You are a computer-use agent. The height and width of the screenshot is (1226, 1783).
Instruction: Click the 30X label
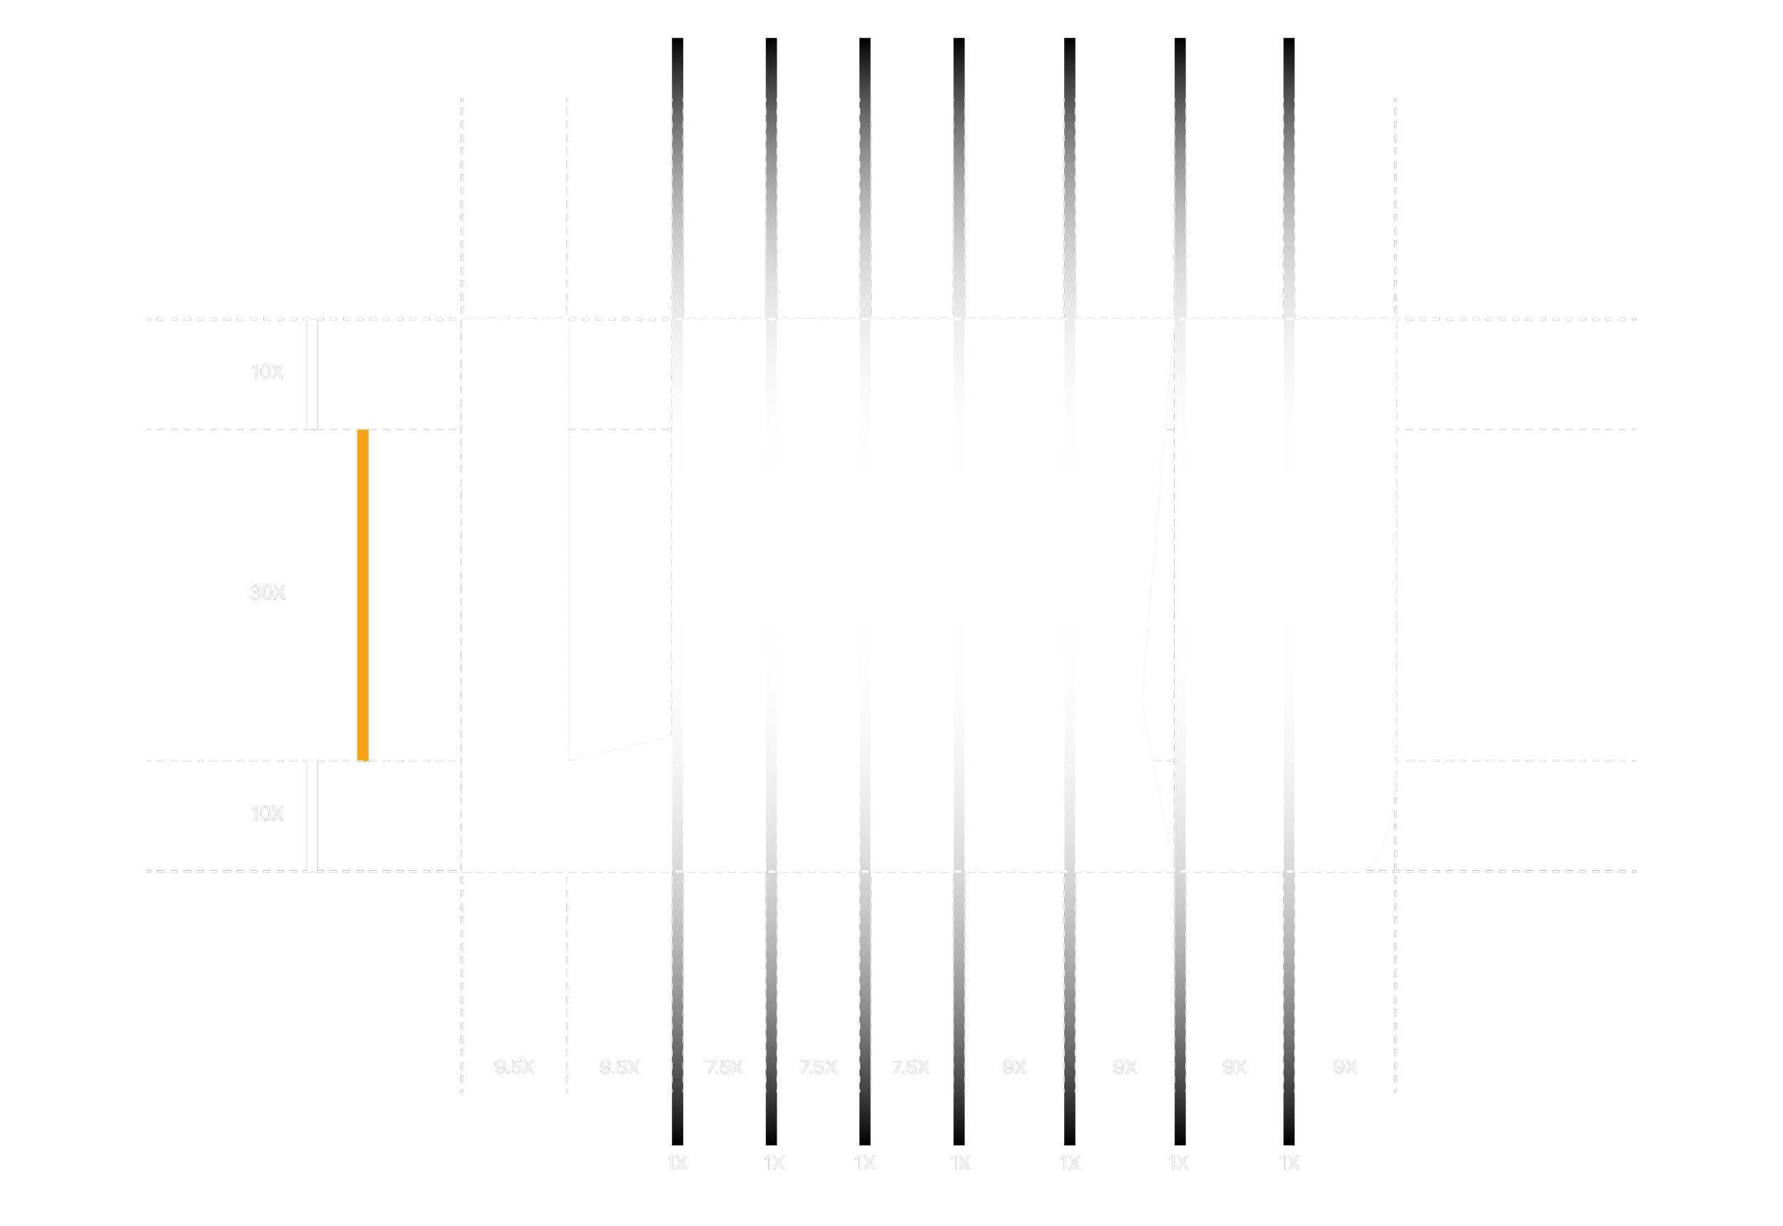267,592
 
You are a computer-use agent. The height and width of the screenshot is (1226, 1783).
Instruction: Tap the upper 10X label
267,372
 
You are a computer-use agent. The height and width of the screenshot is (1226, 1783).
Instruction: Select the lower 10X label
267,814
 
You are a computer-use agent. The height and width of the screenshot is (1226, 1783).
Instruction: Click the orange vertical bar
363,596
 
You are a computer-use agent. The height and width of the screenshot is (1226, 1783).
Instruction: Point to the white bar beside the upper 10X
312,374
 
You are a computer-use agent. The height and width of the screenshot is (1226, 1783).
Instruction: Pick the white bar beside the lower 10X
312,816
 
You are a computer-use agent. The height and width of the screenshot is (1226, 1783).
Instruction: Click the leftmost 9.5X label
515,1067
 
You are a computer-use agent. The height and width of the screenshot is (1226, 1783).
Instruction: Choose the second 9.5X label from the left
620,1067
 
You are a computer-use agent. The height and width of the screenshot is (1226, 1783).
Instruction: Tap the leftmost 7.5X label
725,1067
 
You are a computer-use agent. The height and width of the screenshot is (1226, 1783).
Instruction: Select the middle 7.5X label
818,1067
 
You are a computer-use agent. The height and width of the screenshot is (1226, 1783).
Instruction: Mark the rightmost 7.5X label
910,1067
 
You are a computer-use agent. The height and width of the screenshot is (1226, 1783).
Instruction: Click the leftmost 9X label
1015,1067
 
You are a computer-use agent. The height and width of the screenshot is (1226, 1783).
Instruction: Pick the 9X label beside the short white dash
1345,1067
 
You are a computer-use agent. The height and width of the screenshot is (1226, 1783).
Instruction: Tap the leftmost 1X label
677,1163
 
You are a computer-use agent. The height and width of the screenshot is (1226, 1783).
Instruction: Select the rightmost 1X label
1289,1163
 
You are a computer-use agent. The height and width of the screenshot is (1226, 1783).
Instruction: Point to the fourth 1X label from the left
960,1163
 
